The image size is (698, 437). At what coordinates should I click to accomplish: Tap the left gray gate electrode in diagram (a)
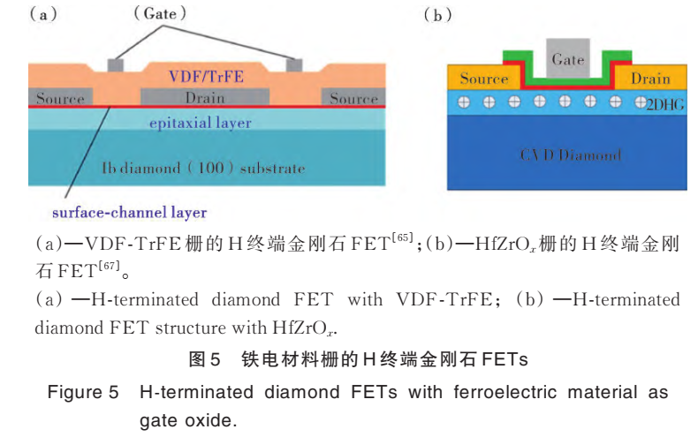tap(116, 64)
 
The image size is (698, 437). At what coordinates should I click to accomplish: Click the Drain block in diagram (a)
tap(206, 96)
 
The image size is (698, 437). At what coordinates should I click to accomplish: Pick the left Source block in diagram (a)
tap(60, 97)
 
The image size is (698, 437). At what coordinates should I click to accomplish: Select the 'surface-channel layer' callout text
tap(129, 212)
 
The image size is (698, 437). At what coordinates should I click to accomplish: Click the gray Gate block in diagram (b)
tap(567, 58)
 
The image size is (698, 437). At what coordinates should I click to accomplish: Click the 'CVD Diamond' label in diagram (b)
tap(569, 155)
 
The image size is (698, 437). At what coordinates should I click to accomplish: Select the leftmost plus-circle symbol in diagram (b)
tap(464, 102)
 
